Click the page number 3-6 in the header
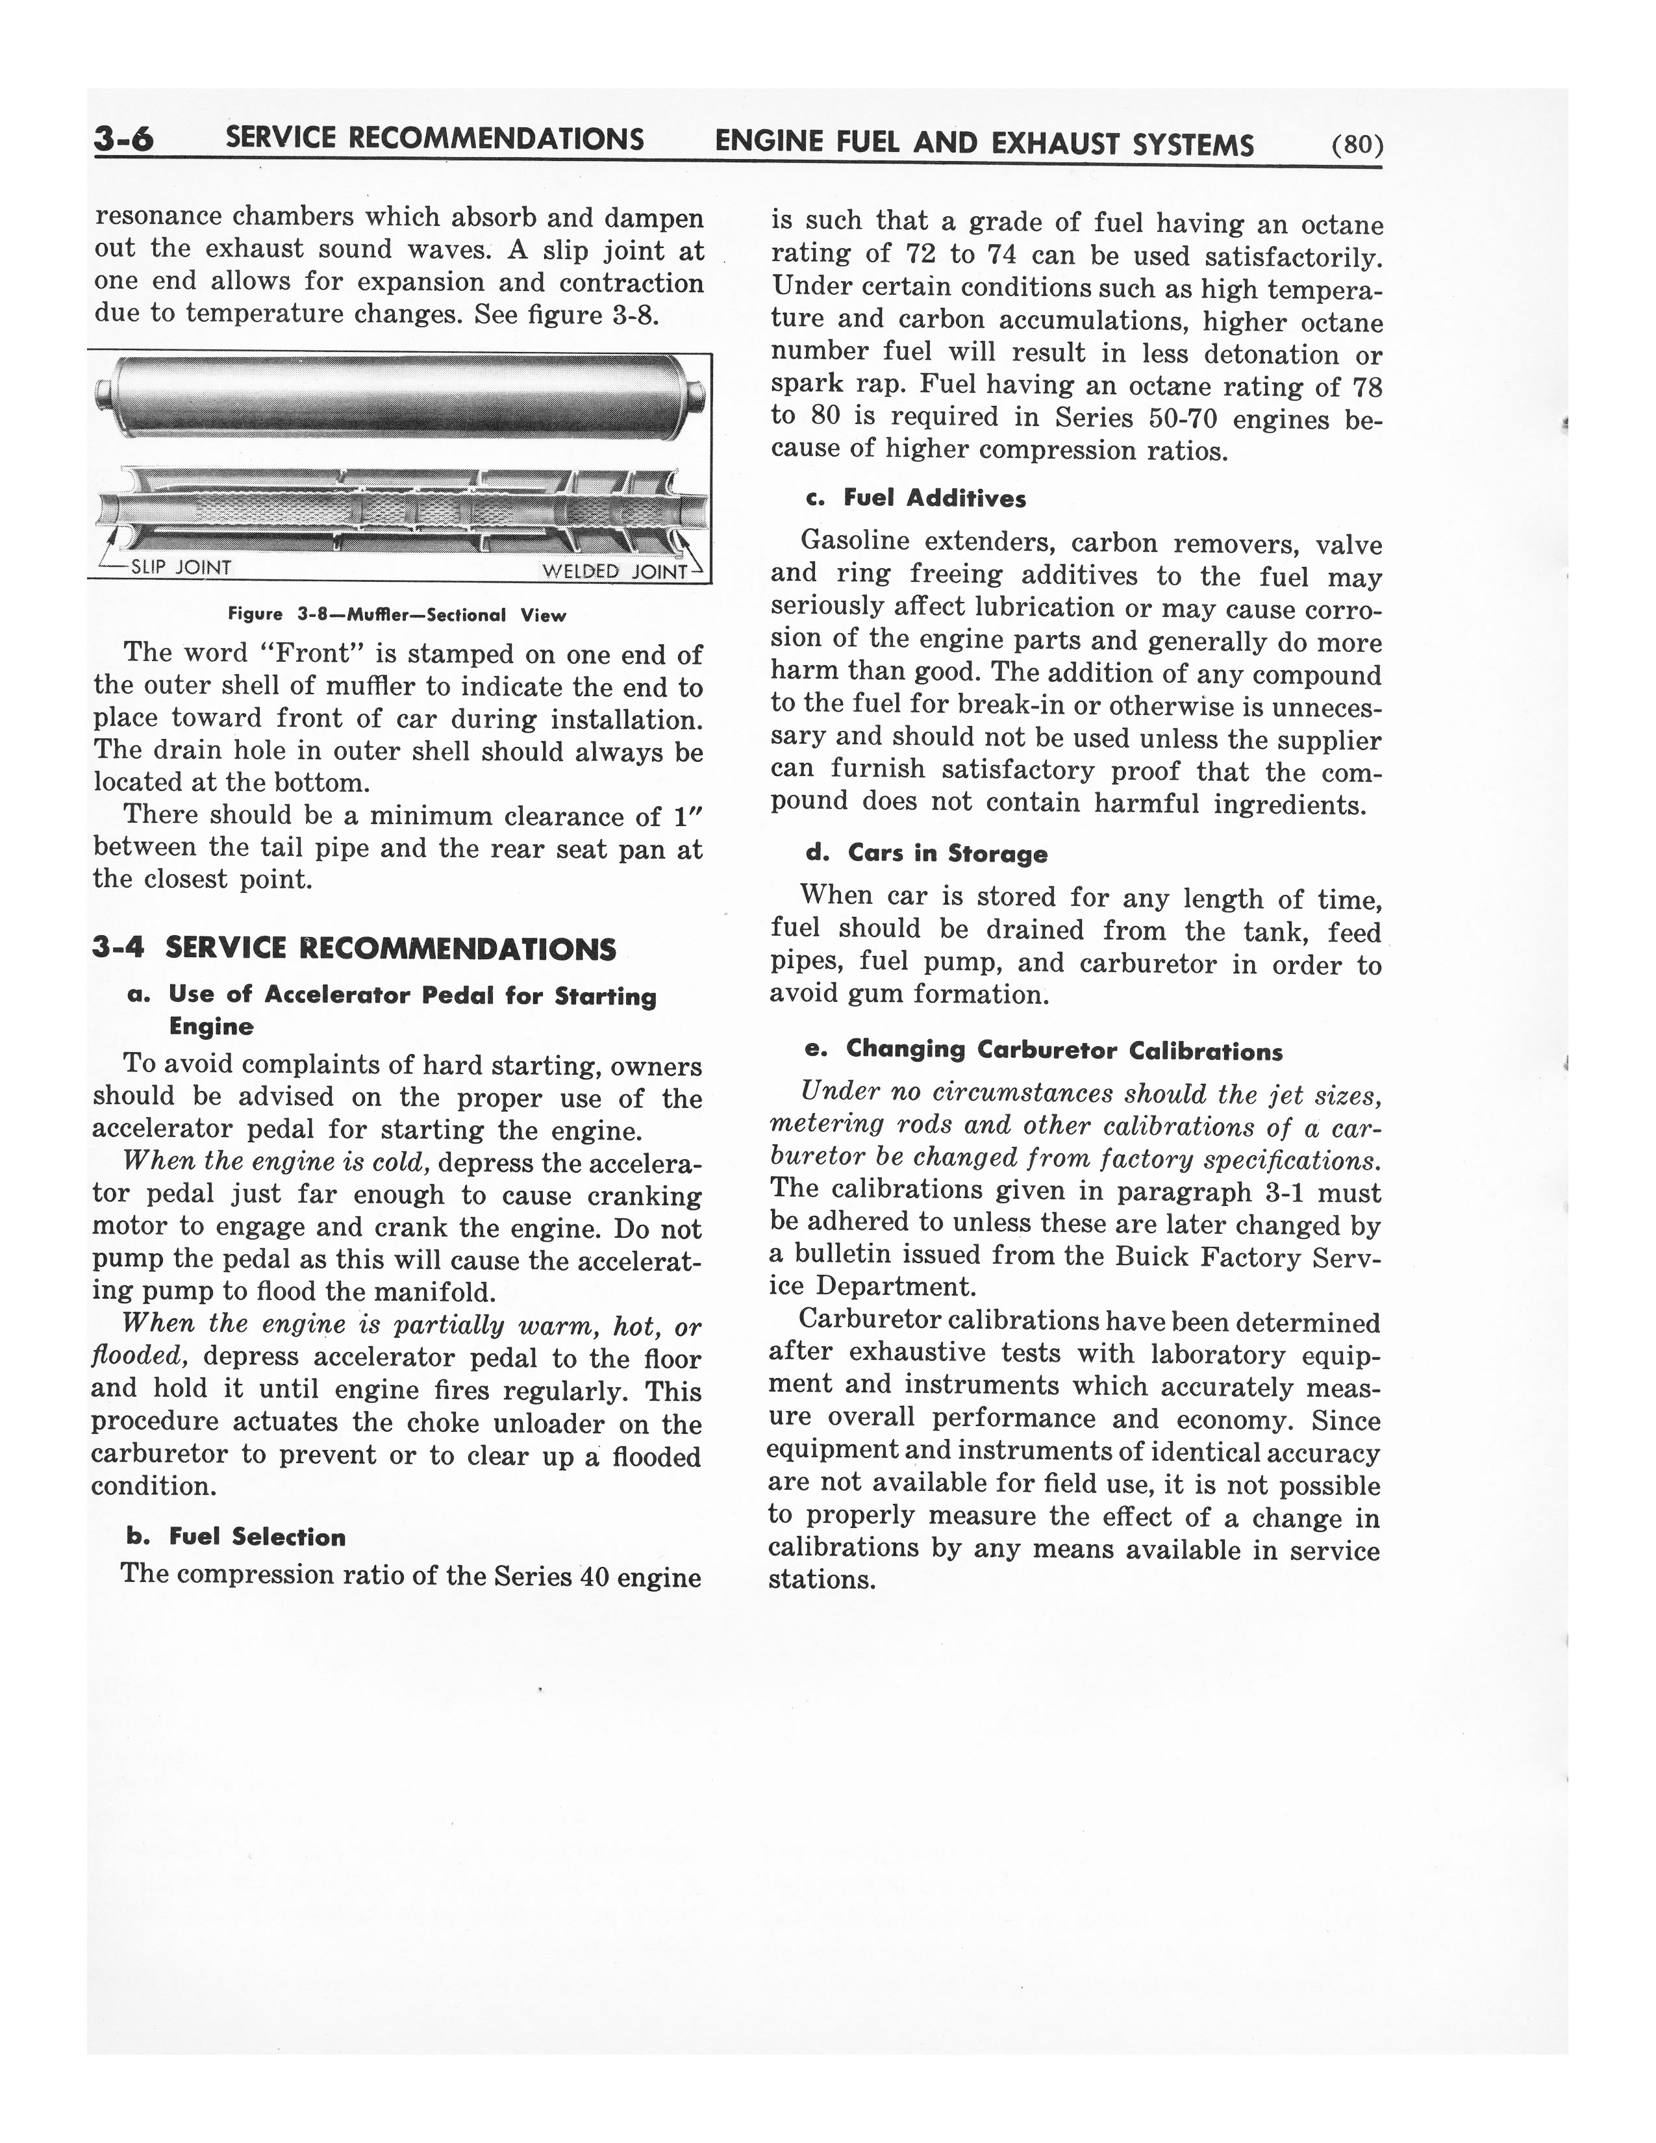click(123, 140)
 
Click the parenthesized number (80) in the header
click(1357, 145)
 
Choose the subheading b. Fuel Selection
click(236, 1536)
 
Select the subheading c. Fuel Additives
click(914, 499)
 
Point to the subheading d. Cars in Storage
click(926, 854)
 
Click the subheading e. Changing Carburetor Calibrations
click(1043, 1050)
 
